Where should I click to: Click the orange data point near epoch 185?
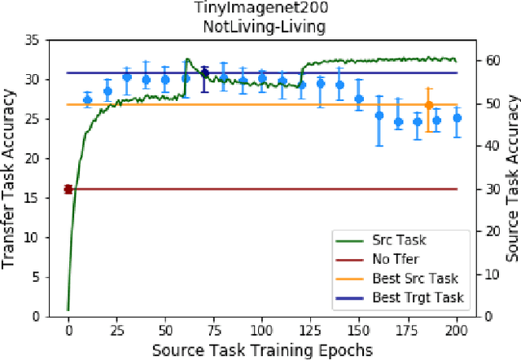coord(429,104)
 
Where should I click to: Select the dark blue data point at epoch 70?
coord(204,73)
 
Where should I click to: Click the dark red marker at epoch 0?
coord(68,189)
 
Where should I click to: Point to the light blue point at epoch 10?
coord(88,99)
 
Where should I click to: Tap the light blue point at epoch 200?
coord(458,118)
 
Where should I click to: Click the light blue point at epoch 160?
coord(379,116)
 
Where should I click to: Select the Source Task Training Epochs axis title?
coord(261,349)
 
